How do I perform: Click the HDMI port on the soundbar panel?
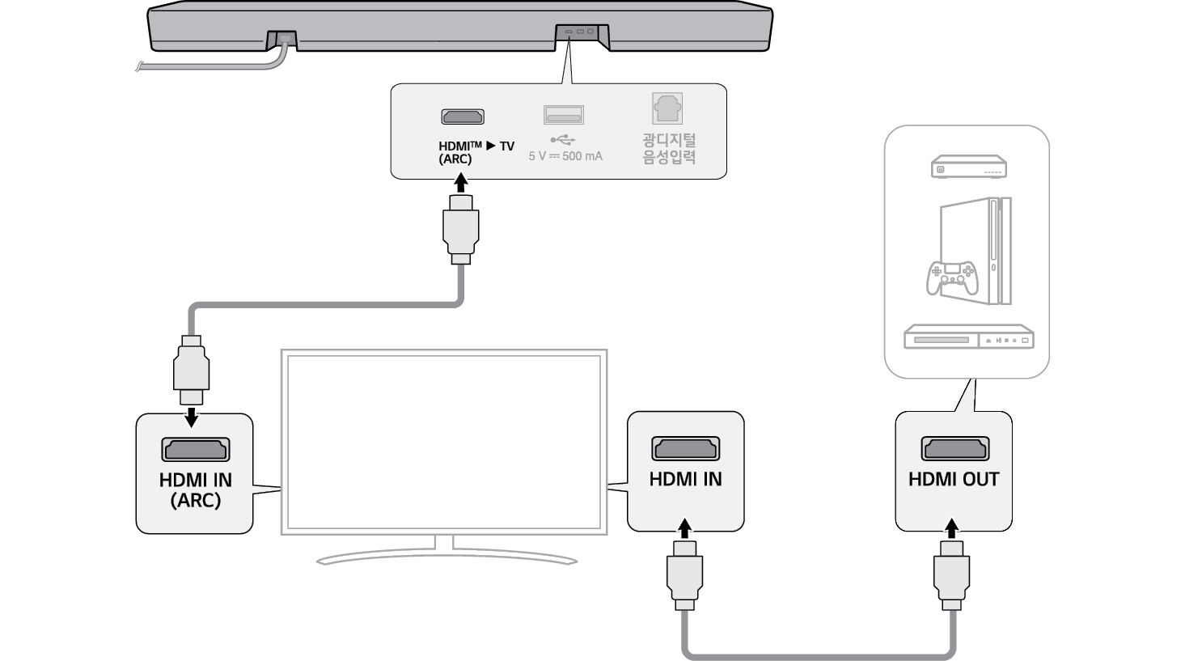click(462, 117)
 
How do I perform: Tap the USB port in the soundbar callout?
click(564, 116)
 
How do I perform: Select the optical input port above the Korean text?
click(668, 108)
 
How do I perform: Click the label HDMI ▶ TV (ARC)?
click(476, 152)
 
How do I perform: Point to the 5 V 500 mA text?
click(565, 156)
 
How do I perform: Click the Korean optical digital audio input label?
click(669, 150)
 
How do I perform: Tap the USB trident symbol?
click(563, 138)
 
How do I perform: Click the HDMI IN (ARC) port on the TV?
click(195, 450)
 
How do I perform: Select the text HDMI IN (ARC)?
click(195, 490)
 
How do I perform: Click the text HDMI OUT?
click(954, 480)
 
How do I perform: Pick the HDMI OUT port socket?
click(954, 448)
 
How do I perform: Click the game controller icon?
click(952, 278)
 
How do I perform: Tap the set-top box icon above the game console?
click(968, 167)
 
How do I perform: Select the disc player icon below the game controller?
click(969, 337)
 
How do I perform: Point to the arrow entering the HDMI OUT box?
click(953, 528)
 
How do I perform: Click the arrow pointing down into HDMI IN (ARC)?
click(192, 417)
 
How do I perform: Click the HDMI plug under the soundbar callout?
click(461, 231)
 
